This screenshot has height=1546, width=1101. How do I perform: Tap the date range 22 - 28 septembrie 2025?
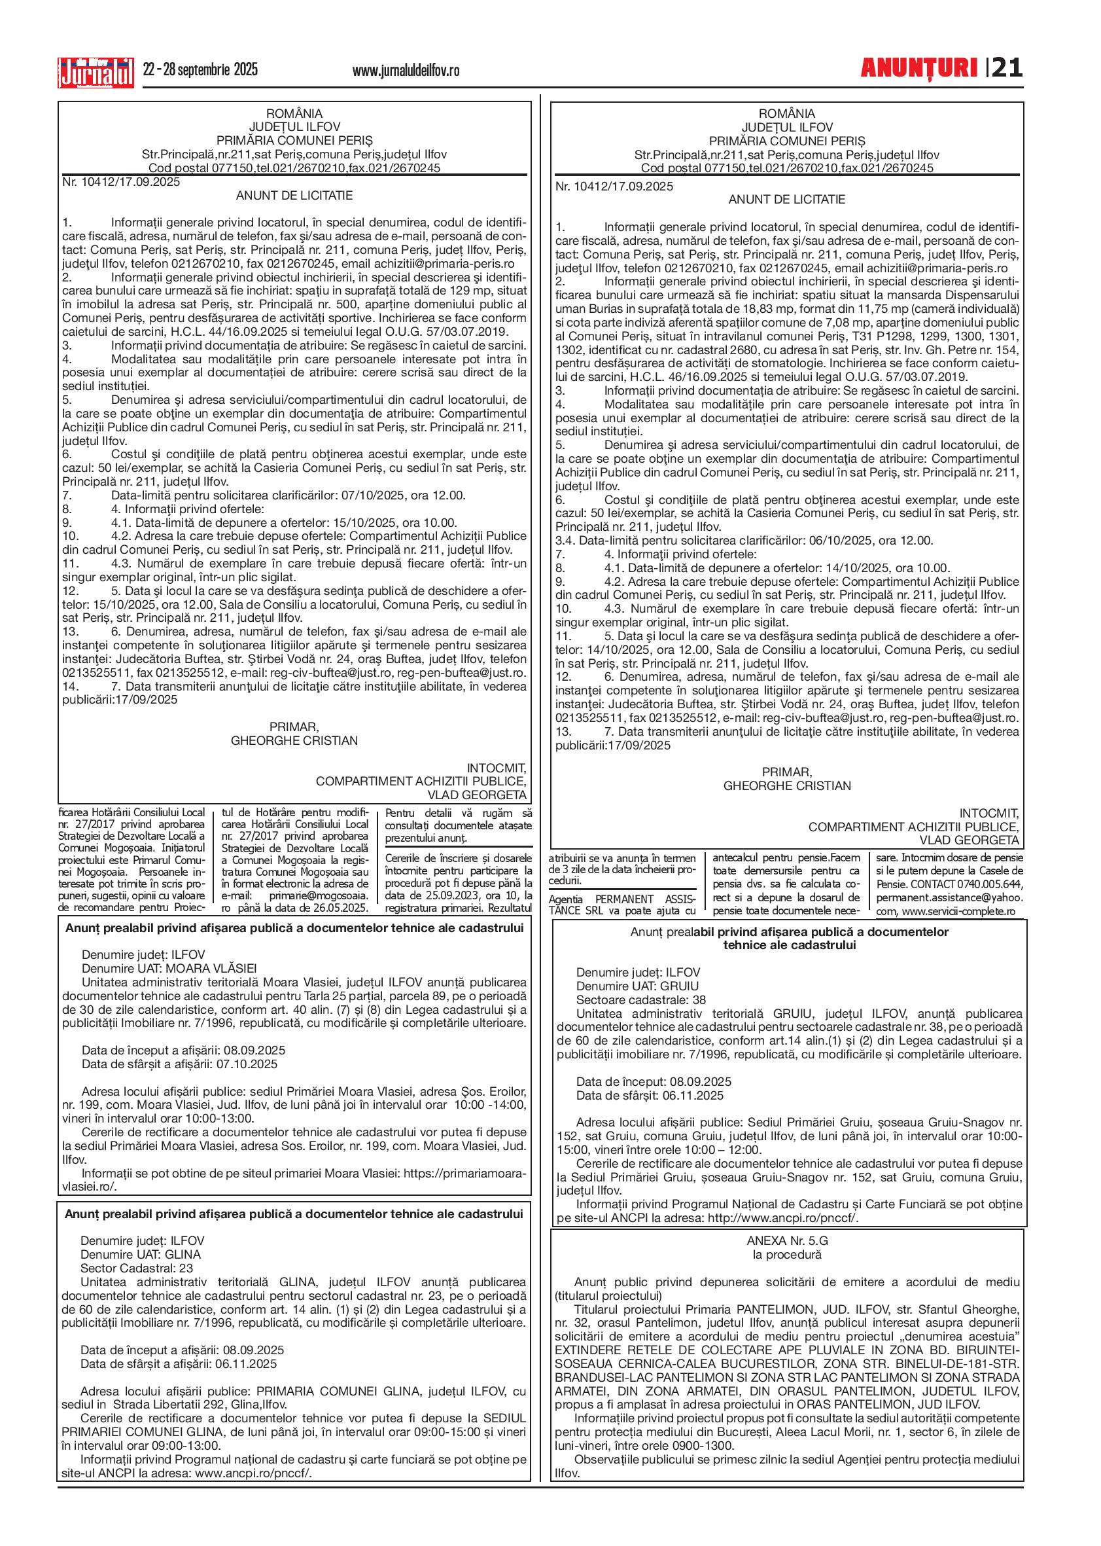pyautogui.click(x=200, y=69)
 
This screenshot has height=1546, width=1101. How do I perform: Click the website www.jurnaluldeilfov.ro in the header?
pyautogui.click(x=406, y=70)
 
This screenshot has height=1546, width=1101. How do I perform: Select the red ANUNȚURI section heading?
pyautogui.click(x=918, y=68)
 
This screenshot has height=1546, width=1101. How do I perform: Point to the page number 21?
pyautogui.click(x=1007, y=68)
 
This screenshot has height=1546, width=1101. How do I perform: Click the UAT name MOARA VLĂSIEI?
pyautogui.click(x=211, y=968)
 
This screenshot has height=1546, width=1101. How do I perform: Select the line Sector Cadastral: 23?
pyautogui.click(x=136, y=1268)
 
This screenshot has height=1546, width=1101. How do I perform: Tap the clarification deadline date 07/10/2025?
pyautogui.click(x=369, y=495)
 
